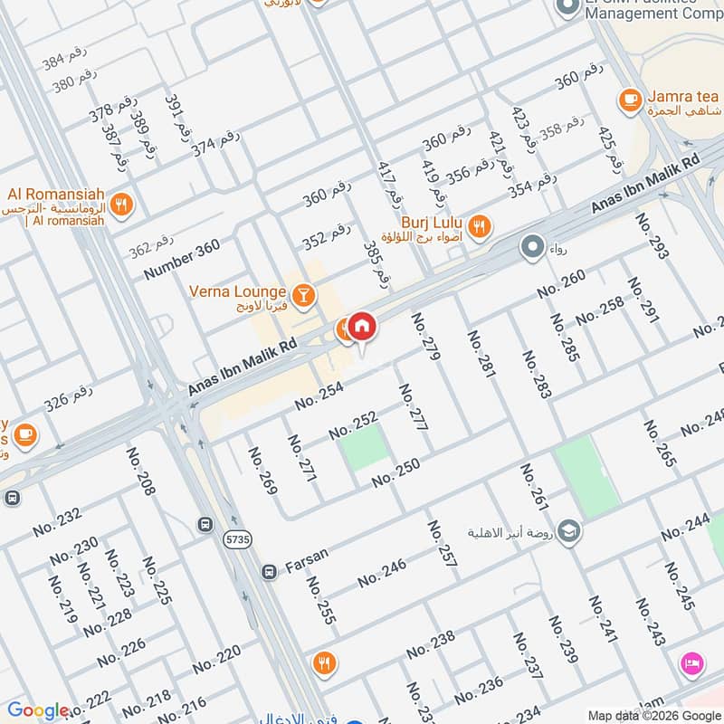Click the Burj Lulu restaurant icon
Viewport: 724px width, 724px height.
481,226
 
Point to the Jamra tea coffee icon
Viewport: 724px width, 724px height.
630,99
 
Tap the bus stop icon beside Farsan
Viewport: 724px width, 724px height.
269,572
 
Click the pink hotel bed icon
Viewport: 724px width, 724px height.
693,664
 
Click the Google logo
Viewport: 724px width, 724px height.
38,710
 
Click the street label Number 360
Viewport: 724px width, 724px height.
181,260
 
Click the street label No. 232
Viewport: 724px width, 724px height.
57,522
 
